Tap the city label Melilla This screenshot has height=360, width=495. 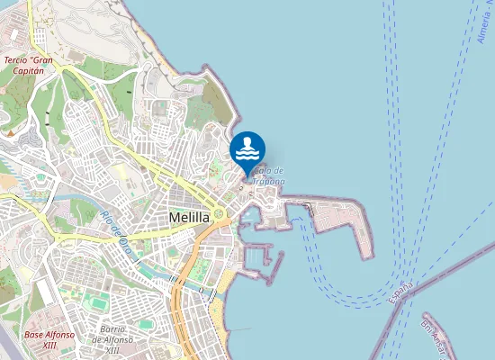click(189, 218)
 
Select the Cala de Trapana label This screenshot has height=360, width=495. click(268, 175)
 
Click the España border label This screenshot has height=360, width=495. click(400, 293)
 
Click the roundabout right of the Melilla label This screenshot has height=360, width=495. click(219, 213)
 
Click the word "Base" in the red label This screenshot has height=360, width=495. click(34, 335)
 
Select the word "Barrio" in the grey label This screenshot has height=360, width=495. click(112, 330)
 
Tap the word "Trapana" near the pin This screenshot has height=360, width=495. click(268, 181)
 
